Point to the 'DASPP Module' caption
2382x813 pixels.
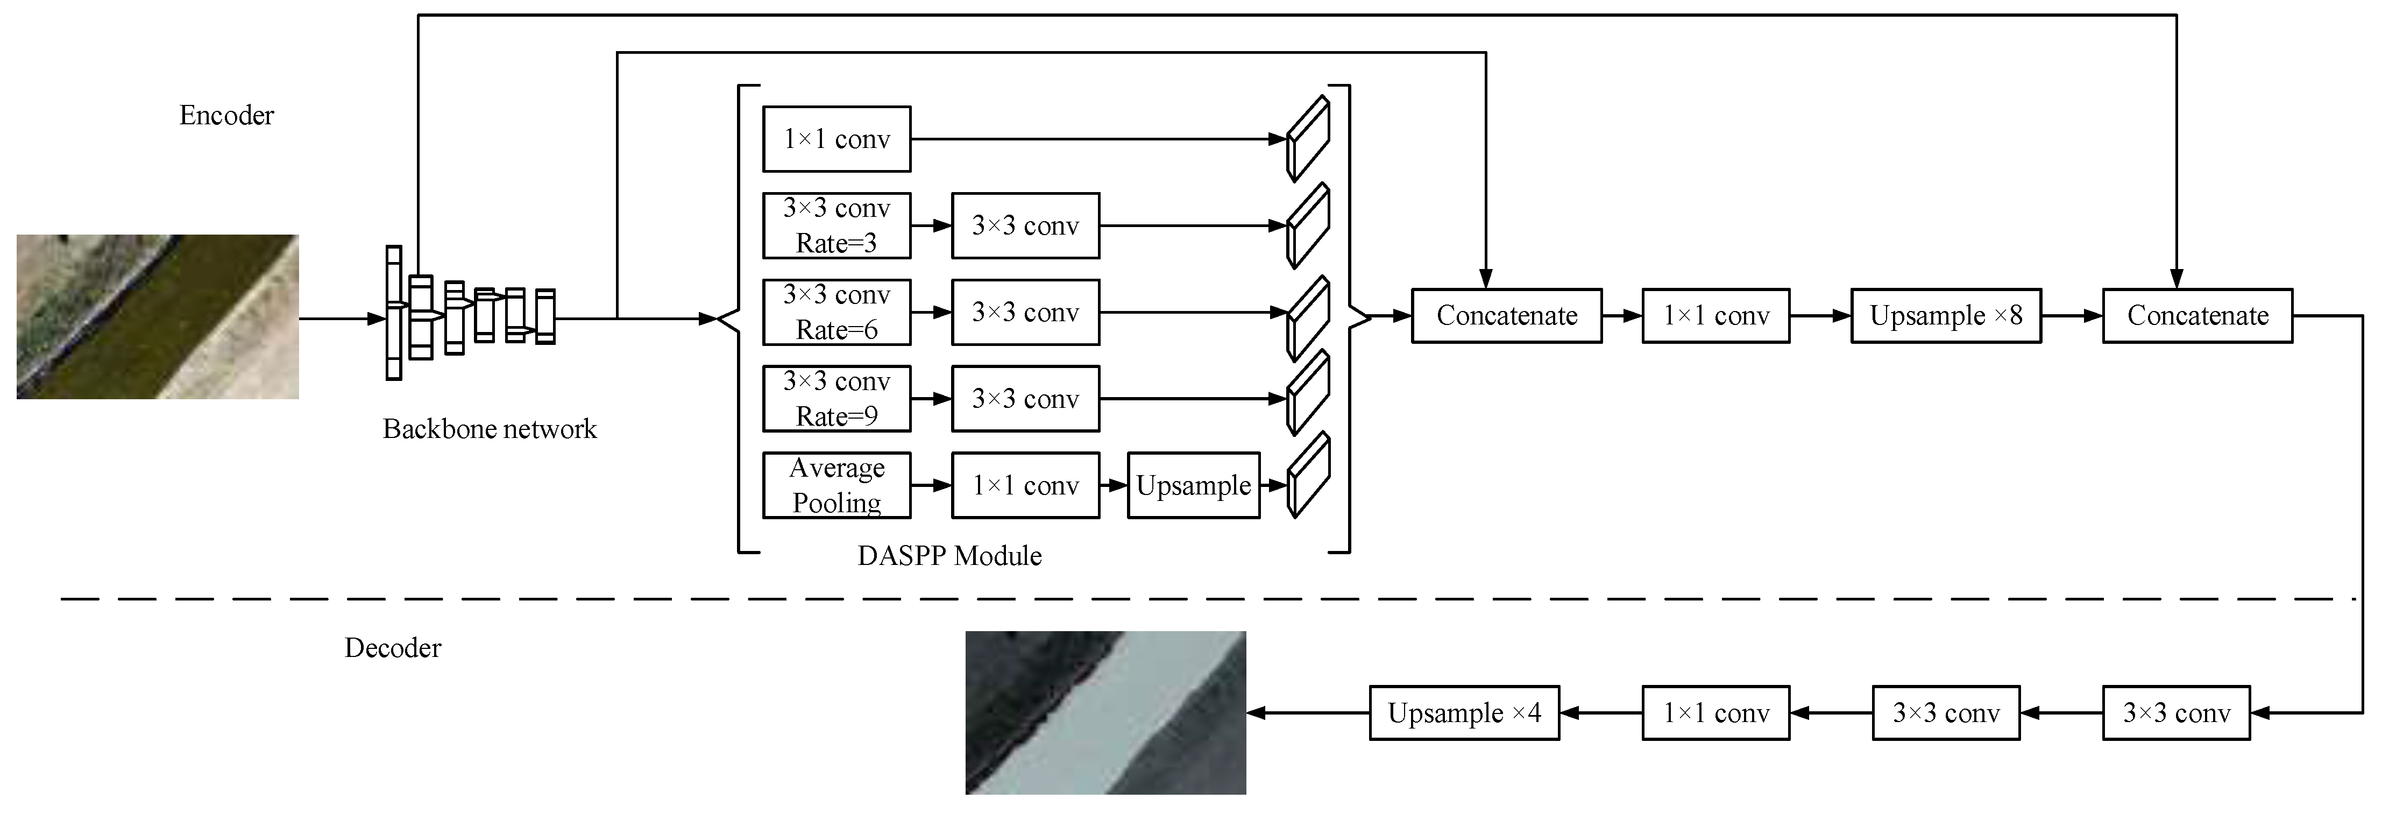pyautogui.click(x=949, y=556)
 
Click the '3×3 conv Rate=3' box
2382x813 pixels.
pyautogui.click(x=836, y=225)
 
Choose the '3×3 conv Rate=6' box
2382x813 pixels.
pyautogui.click(x=836, y=313)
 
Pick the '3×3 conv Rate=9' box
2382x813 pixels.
pyautogui.click(x=836, y=399)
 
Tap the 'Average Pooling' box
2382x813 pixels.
pyautogui.click(x=836, y=485)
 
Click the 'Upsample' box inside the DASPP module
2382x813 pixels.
pyautogui.click(x=1193, y=485)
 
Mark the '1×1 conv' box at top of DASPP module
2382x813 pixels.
pyautogui.click(x=836, y=140)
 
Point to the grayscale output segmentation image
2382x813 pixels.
pyautogui.click(x=1105, y=712)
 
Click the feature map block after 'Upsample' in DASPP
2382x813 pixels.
pyautogui.click(x=1308, y=476)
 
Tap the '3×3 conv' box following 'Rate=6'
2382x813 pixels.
pyautogui.click(x=1025, y=313)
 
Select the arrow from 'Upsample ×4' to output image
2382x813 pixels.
pyautogui.click(x=1308, y=713)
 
